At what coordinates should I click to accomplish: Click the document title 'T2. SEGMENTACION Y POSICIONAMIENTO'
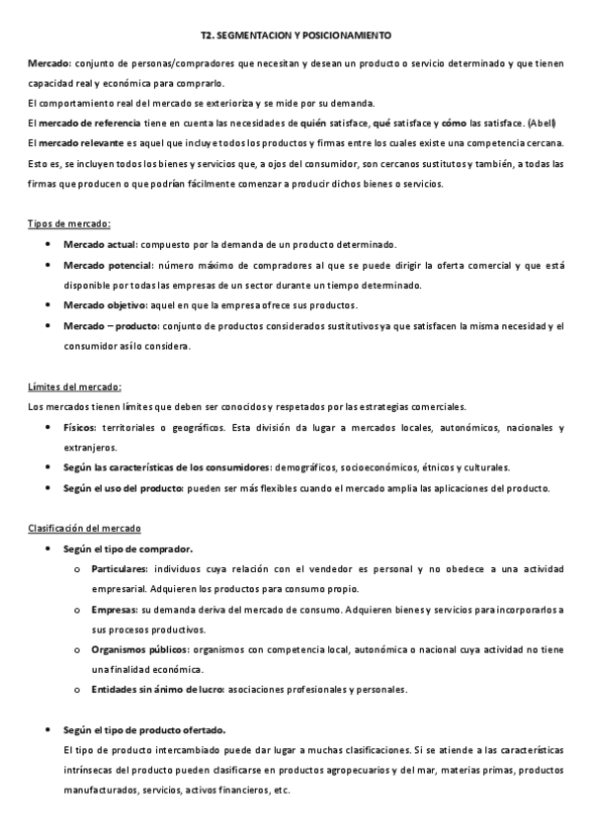click(296, 34)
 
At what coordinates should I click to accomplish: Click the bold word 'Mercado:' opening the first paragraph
click(47, 63)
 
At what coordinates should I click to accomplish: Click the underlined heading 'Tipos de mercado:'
click(69, 223)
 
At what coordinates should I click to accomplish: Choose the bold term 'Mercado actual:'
click(100, 244)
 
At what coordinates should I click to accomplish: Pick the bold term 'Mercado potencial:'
click(108, 265)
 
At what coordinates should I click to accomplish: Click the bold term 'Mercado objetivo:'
click(105, 305)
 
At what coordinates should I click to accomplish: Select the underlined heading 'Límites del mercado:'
click(75, 386)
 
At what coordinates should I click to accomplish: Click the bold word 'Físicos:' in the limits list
click(80, 427)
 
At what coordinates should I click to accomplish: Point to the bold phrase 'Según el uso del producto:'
click(123, 488)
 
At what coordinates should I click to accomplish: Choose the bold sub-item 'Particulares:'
click(119, 569)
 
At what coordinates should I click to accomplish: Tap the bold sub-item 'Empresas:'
click(114, 610)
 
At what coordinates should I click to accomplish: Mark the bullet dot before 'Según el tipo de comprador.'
click(49, 548)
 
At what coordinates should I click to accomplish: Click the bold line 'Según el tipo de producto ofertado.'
click(144, 730)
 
